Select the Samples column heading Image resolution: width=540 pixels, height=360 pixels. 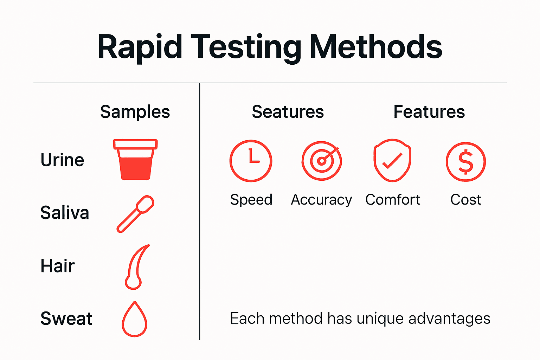(135, 112)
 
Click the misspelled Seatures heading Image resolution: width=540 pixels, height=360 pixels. (288, 112)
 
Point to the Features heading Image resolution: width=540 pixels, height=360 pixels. (429, 112)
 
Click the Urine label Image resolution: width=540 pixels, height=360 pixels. (62, 160)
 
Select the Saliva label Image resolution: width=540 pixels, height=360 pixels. (65, 213)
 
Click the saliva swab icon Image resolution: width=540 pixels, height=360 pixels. (136, 214)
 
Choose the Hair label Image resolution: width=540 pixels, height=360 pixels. (58, 266)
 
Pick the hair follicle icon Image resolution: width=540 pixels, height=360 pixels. (136, 267)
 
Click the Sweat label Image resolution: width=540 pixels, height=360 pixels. (66, 319)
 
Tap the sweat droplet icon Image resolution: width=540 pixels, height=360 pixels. (134, 319)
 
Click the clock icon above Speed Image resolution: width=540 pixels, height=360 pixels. (251, 161)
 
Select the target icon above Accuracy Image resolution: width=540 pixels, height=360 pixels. (322, 161)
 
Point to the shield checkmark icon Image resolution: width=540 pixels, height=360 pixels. (392, 161)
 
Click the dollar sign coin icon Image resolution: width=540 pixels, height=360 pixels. (466, 162)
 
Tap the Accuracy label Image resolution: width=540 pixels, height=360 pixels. (321, 200)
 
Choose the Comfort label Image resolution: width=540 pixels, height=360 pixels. (393, 200)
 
